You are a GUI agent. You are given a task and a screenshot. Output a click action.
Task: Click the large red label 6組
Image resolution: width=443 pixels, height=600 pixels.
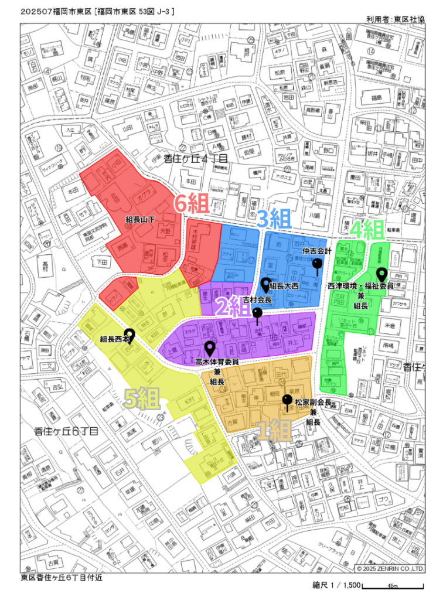click(x=193, y=204)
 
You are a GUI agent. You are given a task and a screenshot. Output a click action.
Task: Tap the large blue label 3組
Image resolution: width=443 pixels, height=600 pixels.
click(x=275, y=219)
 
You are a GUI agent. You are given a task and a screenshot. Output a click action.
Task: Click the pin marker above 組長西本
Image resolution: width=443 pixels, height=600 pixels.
click(x=130, y=335)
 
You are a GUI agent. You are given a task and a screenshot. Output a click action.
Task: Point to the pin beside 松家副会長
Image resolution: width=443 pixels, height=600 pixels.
click(x=287, y=402)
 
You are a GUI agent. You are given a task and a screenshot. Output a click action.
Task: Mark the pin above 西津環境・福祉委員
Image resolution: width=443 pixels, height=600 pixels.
click(x=381, y=274)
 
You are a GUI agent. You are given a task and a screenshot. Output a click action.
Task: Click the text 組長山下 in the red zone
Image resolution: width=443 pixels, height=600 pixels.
click(x=141, y=220)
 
